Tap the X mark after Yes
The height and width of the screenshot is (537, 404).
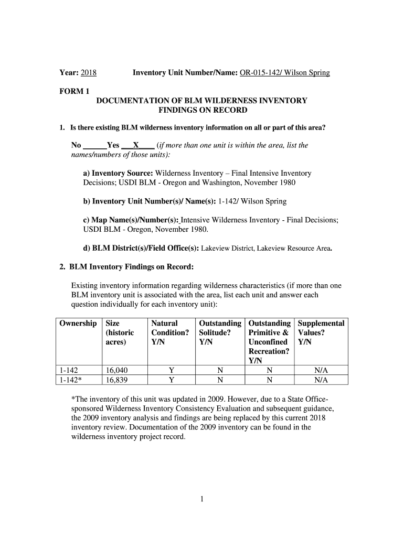[x=136, y=145]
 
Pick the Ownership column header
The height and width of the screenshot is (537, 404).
[x=78, y=324]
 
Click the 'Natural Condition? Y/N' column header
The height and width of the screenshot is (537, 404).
[x=169, y=333]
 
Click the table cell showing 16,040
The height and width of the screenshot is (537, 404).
[x=116, y=370]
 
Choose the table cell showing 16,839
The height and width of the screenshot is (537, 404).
[x=116, y=380]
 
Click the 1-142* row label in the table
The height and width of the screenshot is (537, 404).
[x=70, y=380]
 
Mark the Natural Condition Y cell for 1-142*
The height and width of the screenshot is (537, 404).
[x=171, y=380]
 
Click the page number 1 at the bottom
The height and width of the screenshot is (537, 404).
[x=201, y=500]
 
